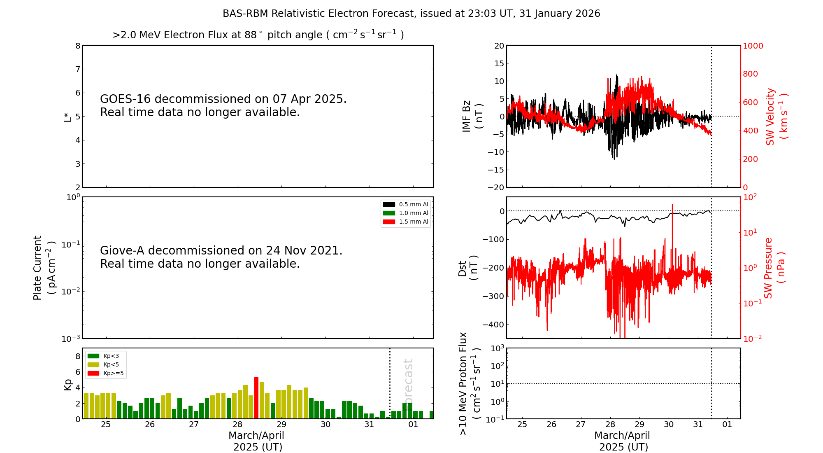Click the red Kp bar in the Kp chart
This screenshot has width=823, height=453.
tap(256, 398)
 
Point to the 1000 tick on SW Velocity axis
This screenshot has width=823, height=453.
tap(753, 46)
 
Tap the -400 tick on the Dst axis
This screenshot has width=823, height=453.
tap(493, 325)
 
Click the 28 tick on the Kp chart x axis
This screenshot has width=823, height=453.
tap(237, 425)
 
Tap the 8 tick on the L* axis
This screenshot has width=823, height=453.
tap(77, 46)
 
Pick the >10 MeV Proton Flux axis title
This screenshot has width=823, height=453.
tap(470, 384)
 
